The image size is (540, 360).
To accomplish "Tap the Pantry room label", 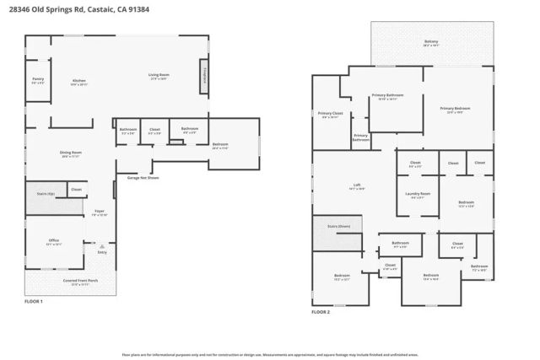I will (x=38, y=81).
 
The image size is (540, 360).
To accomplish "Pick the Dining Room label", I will (x=71, y=153).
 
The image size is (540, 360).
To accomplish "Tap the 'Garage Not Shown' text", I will (x=143, y=178).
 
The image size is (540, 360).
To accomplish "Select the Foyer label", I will (x=100, y=212).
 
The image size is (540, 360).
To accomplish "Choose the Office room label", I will (x=53, y=242).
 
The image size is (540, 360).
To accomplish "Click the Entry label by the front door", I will (x=103, y=252).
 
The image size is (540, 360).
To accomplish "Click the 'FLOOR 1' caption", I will (x=35, y=301).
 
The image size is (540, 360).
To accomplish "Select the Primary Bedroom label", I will (x=455, y=109).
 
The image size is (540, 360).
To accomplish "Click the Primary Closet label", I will (x=330, y=115).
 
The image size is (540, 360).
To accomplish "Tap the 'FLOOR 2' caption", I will (x=321, y=312).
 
